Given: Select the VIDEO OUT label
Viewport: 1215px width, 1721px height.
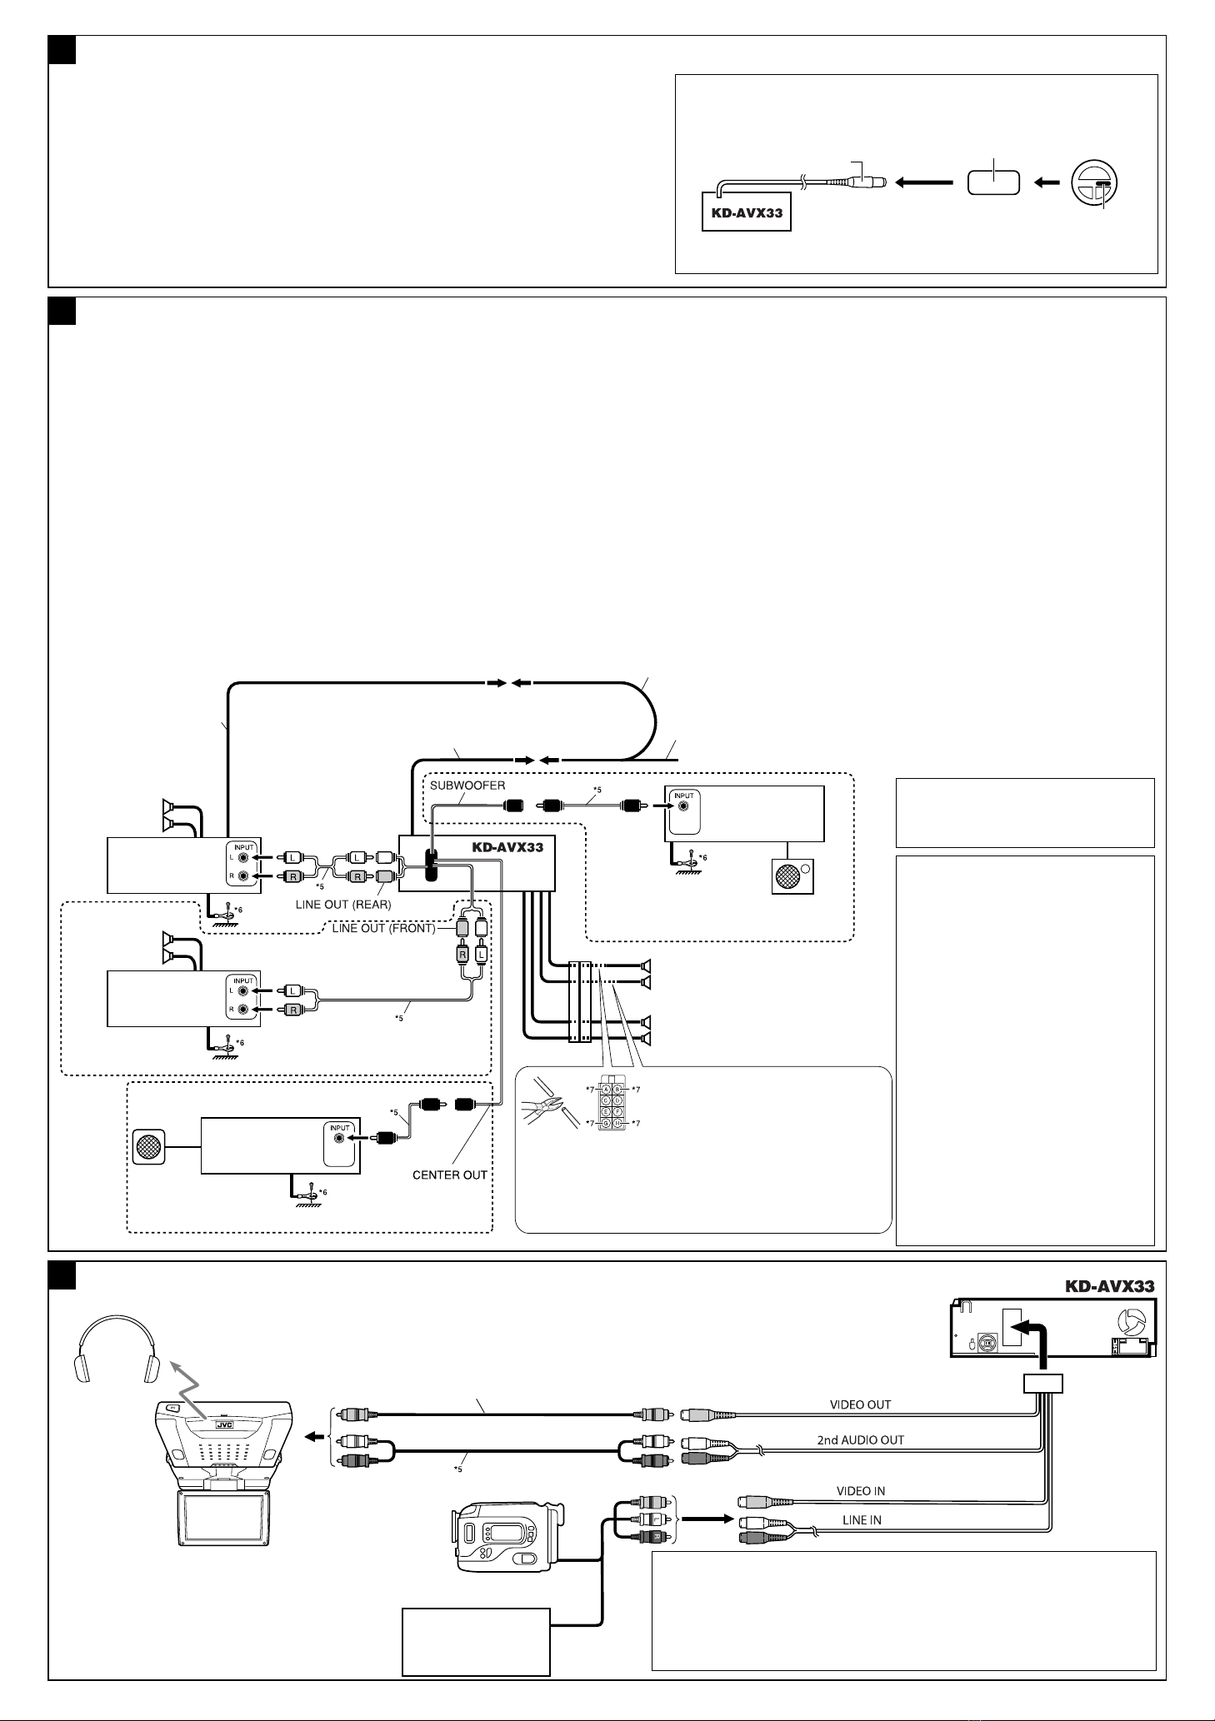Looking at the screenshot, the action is [x=860, y=1404].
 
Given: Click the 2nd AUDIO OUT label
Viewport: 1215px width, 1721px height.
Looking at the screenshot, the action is [x=860, y=1439].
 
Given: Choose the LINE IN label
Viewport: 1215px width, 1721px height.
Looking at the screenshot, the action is [x=862, y=1519].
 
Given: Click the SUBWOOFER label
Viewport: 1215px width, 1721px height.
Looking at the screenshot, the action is [x=467, y=785].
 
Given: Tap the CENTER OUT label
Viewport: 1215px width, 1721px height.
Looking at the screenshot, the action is [x=450, y=1175].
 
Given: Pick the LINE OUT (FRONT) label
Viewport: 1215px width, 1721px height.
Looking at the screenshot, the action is [x=383, y=928].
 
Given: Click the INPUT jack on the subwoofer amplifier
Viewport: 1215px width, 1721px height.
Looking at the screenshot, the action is [x=683, y=806].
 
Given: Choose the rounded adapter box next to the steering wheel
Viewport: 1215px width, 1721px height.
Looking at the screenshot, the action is [x=994, y=182].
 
